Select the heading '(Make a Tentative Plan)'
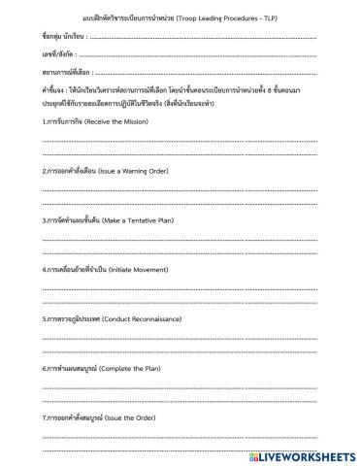point(143,219)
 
